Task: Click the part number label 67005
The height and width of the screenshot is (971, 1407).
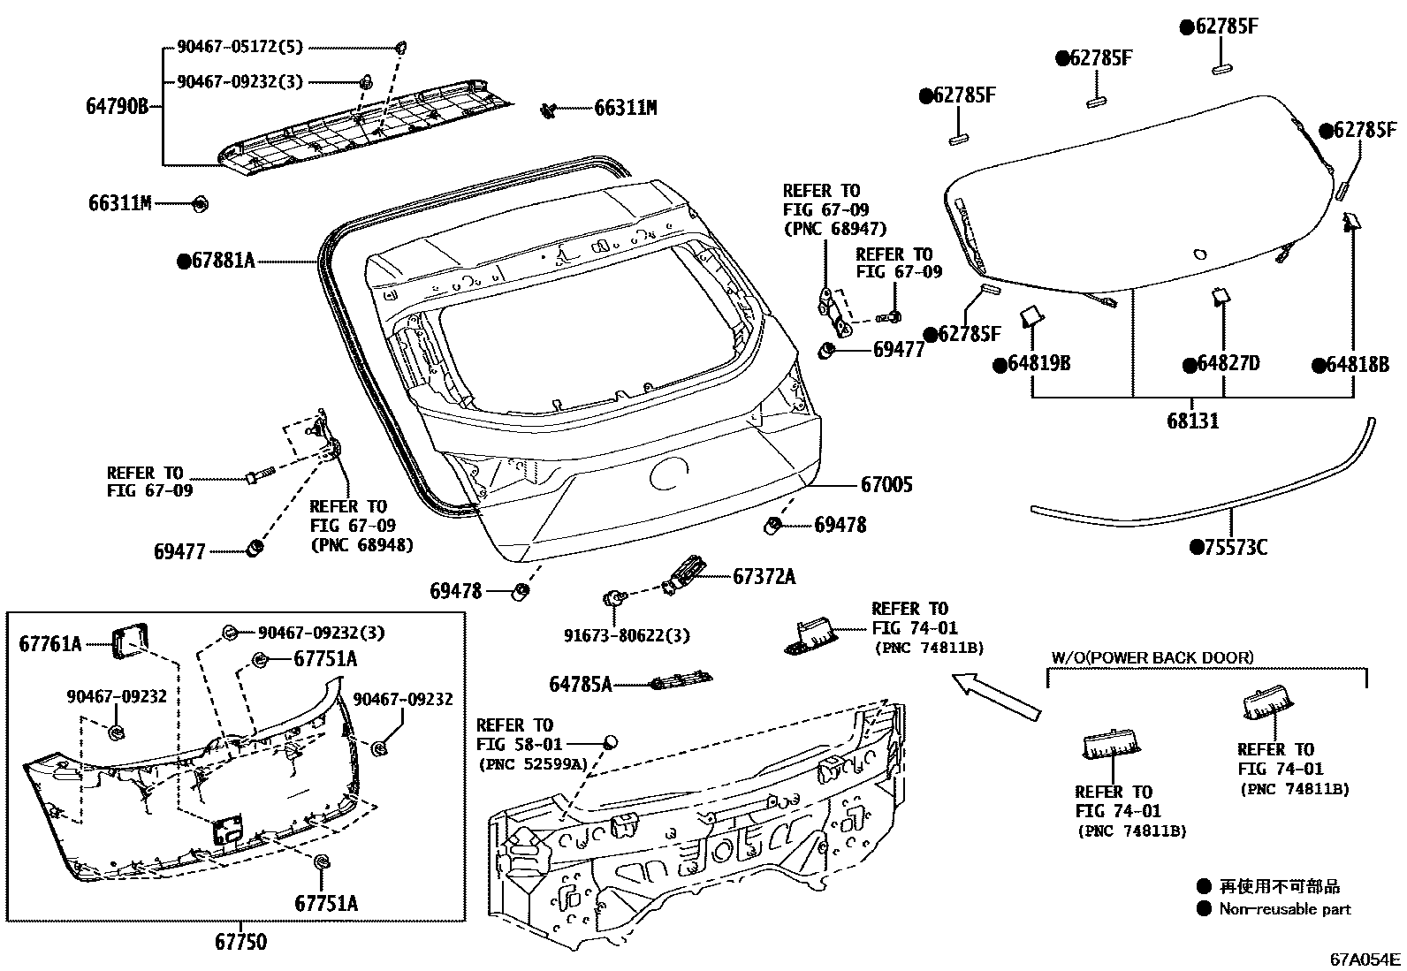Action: [886, 484]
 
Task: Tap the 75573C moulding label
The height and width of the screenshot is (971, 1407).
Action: [1235, 548]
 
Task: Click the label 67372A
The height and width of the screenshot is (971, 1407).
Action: [764, 577]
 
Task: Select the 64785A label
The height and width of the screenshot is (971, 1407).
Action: [580, 684]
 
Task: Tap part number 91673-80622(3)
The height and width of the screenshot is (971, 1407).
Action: [627, 635]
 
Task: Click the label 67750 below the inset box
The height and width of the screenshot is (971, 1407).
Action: [240, 942]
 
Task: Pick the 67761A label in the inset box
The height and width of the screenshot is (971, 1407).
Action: [49, 644]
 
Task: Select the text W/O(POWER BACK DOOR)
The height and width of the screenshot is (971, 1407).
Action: [1152, 657]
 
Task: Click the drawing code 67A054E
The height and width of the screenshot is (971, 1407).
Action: [1365, 959]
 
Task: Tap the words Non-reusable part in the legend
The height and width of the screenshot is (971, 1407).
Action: [1284, 908]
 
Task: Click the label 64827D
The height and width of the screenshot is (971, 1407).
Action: [1228, 364]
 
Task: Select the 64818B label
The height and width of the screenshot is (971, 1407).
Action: [1357, 364]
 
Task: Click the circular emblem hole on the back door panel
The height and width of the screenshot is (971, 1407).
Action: [670, 475]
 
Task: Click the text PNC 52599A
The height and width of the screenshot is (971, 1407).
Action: [531, 764]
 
